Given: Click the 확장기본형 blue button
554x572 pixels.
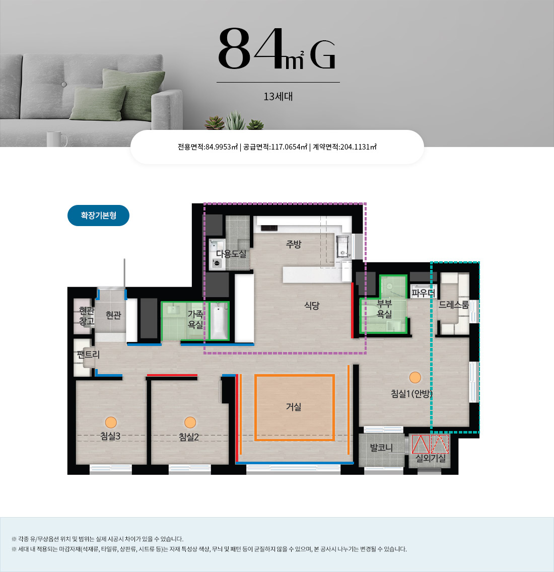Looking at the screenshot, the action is pos(99,215).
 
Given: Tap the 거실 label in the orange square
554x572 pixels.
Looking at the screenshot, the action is pos(294,406).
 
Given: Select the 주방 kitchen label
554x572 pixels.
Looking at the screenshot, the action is pos(294,244).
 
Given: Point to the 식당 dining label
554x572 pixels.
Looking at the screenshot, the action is pos(312,305).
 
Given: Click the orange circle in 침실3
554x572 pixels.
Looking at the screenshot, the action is pos(111,422).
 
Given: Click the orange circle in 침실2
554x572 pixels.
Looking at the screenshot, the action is pos(190,422).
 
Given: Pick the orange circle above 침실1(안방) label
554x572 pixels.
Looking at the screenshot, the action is pos(415,377).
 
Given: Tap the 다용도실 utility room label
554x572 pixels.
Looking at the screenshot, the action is pos(231,254).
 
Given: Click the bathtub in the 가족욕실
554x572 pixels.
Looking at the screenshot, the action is pos(220,321).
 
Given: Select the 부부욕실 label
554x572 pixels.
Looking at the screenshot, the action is pos(384,309).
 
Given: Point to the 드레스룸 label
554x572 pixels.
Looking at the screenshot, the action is pos(453,305).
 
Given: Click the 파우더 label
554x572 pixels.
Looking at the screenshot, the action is pos(424,293).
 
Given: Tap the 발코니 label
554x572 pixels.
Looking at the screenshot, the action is pos(381,447).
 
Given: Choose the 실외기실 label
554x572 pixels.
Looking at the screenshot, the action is pos(431,458).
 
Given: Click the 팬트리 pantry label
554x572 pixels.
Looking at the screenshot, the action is pos(88,354).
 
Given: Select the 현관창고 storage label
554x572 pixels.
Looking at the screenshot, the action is pos(87,316).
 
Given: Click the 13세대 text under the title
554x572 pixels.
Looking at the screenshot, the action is pos(278,96).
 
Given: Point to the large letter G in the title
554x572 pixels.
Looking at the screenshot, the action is pos(322,55).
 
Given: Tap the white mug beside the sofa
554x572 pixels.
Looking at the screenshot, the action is pos(56,139).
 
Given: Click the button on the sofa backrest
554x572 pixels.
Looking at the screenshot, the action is pos(64,84).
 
